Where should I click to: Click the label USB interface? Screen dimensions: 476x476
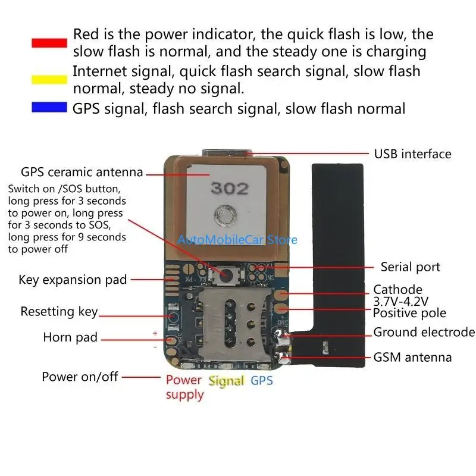pos(412,154)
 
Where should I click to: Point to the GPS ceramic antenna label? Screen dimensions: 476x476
pos(82,173)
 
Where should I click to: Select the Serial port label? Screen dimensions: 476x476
pos(411,267)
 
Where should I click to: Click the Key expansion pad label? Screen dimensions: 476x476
pos(73,279)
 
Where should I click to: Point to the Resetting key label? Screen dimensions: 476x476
pos(59,311)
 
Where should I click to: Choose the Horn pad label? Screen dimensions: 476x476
pos(70,338)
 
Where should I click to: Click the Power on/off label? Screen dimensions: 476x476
pos(80,377)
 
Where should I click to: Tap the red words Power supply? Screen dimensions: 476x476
pos(184,387)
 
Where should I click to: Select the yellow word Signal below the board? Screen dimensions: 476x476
pos(227,381)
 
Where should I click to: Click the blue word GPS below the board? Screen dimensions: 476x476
pos(262,380)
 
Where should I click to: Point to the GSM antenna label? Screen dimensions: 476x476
pos(412,357)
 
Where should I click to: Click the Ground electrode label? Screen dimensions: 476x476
pos(424,332)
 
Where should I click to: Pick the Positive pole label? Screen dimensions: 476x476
pos(409,313)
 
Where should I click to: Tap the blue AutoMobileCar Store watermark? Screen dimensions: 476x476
pos(237,240)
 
